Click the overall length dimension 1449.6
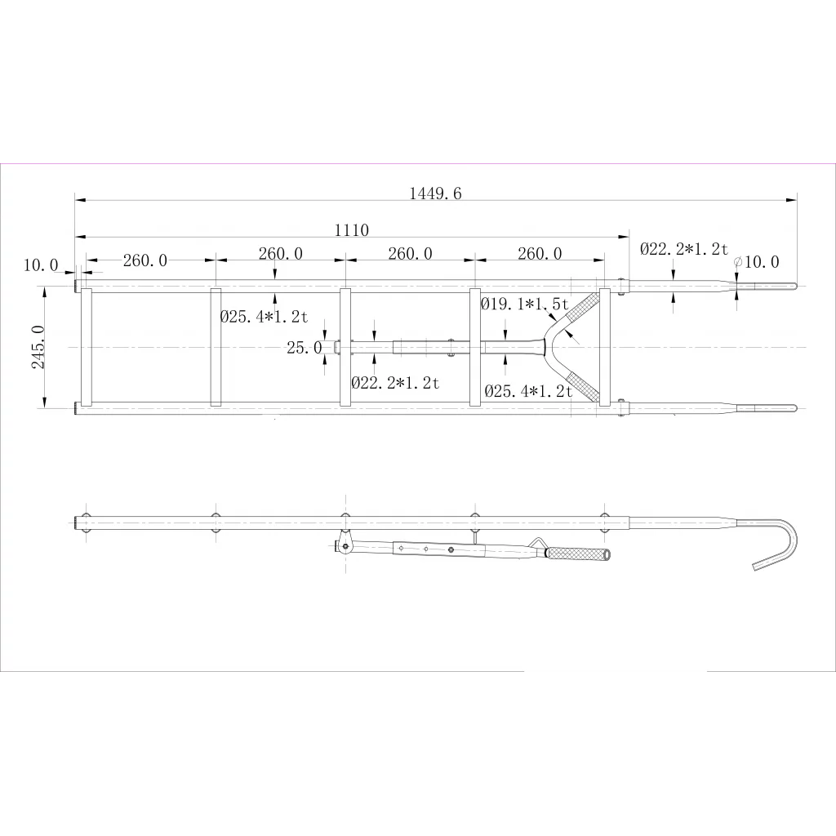pyautogui.click(x=435, y=193)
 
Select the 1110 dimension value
pyautogui.click(x=351, y=229)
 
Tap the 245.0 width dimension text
pyautogui.click(x=38, y=346)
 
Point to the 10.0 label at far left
pyautogui.click(x=41, y=265)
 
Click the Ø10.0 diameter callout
pyautogui.click(x=757, y=262)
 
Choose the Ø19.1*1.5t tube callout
pyautogui.click(x=525, y=304)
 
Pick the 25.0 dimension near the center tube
pyautogui.click(x=305, y=348)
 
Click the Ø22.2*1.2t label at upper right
pyautogui.click(x=684, y=248)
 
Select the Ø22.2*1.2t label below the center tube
pyautogui.click(x=395, y=382)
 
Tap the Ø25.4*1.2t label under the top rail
pyautogui.click(x=264, y=317)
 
